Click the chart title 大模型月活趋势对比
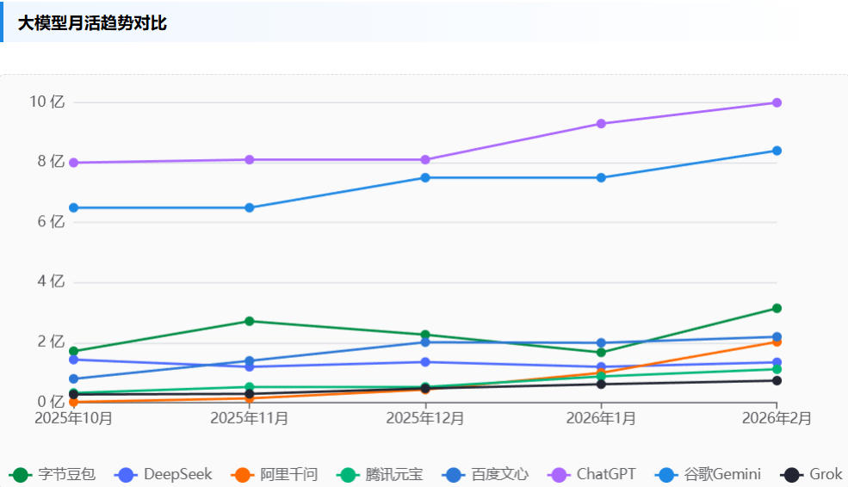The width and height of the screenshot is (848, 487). pyautogui.click(x=92, y=23)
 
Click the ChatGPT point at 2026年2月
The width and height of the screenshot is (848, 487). pyautogui.click(x=777, y=102)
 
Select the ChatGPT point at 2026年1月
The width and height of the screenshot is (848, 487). pyautogui.click(x=601, y=124)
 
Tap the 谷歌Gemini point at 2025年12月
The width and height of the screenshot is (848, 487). pyautogui.click(x=425, y=178)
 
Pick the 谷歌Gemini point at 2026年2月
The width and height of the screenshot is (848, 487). pyautogui.click(x=777, y=151)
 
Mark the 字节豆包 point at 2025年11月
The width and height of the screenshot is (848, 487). pyautogui.click(x=250, y=321)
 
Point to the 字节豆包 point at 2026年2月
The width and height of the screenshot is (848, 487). pyautogui.click(x=777, y=308)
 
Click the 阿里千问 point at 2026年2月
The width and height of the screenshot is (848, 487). pyautogui.click(x=777, y=342)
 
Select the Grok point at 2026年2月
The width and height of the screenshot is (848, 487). pyautogui.click(x=777, y=380)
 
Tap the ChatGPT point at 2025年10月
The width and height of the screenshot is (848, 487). pyautogui.click(x=74, y=163)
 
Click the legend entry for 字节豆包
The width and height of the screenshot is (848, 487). pyautogui.click(x=53, y=474)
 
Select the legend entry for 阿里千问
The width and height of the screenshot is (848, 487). pyautogui.click(x=275, y=474)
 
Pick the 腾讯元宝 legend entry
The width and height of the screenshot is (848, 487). pyautogui.click(x=380, y=474)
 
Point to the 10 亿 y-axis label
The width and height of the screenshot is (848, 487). pyautogui.click(x=47, y=102)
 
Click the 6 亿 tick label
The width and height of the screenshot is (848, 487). pyautogui.click(x=51, y=222)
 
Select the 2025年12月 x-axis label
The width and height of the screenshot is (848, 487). pyautogui.click(x=425, y=418)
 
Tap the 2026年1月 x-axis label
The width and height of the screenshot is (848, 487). pyautogui.click(x=601, y=418)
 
